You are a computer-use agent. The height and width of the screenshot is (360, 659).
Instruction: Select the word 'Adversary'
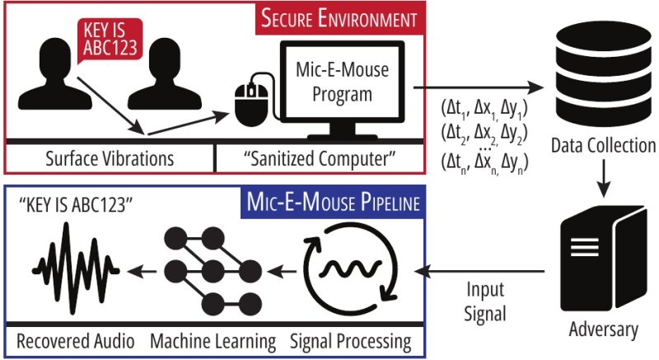(603, 330)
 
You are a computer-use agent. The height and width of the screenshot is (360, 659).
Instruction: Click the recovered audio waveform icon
(70, 268)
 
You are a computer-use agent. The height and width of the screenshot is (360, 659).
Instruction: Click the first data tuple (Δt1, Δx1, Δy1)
(484, 108)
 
